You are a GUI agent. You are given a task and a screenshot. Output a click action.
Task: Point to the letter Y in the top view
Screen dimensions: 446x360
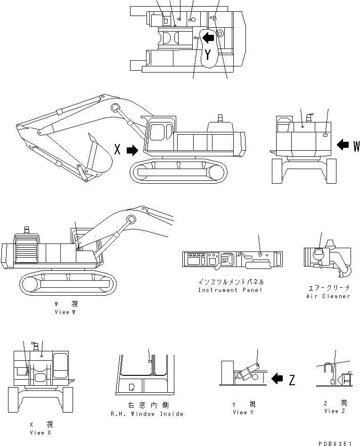point(208,56)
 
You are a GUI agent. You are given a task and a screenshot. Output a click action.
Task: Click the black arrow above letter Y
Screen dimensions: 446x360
point(208,37)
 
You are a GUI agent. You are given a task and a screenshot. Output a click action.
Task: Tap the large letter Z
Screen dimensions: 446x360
point(292,380)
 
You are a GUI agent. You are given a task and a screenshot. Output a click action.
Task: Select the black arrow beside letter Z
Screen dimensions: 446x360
point(278,378)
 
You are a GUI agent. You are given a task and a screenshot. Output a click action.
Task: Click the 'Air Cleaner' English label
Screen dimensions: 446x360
point(327,296)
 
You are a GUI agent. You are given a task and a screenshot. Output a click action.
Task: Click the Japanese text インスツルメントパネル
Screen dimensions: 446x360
point(231,282)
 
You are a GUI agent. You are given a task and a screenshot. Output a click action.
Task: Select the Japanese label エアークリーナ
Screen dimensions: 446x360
point(327,287)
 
